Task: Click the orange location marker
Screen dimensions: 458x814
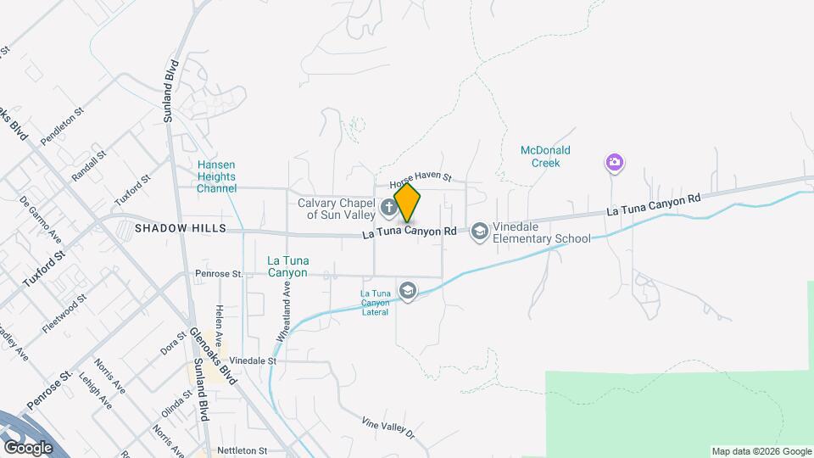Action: pos(408,204)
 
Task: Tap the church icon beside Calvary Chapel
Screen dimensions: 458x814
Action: pos(388,206)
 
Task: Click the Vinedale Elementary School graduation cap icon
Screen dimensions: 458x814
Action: pos(479,231)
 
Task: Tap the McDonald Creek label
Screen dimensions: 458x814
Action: pos(545,156)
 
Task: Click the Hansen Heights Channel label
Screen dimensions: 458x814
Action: pos(216,176)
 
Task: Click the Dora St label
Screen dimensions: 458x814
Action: pos(173,343)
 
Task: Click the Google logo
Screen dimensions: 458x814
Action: pos(28,447)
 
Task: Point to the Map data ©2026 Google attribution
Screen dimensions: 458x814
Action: pos(761,451)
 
